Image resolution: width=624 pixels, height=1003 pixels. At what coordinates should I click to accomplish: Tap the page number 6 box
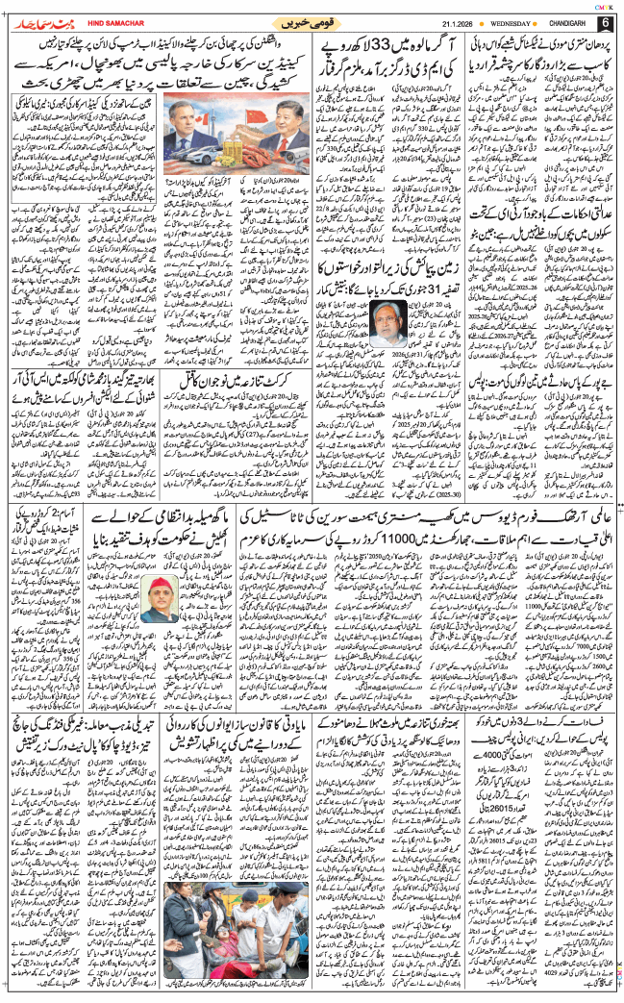click(x=605, y=22)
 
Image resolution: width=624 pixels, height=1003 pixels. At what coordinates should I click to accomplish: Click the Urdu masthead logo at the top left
click(x=37, y=22)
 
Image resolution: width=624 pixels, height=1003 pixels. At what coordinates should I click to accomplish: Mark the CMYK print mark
click(x=605, y=5)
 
